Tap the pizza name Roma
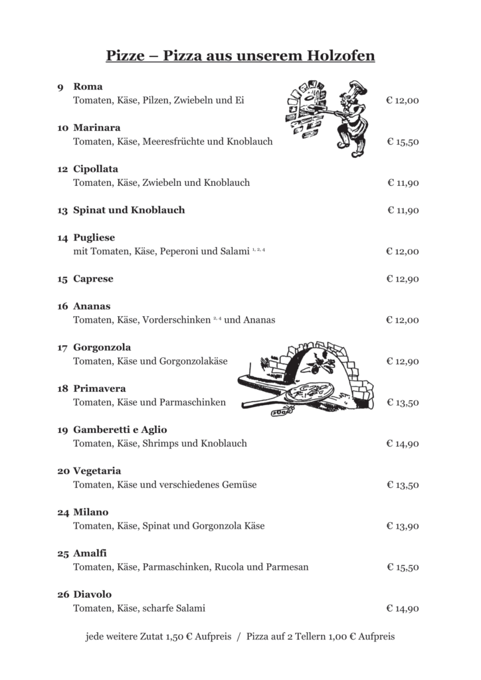pos(88,86)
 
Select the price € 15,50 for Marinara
pos(403,142)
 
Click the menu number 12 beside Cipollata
pos(62,169)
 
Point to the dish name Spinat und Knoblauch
pos(129,211)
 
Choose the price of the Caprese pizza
pos(403,280)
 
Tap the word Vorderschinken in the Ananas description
pos(177,320)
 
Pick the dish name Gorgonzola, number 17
pos(102,347)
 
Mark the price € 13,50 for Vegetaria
pos(403,485)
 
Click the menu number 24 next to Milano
pos(63,513)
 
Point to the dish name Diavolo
pos(92,594)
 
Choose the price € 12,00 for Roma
pos(403,101)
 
